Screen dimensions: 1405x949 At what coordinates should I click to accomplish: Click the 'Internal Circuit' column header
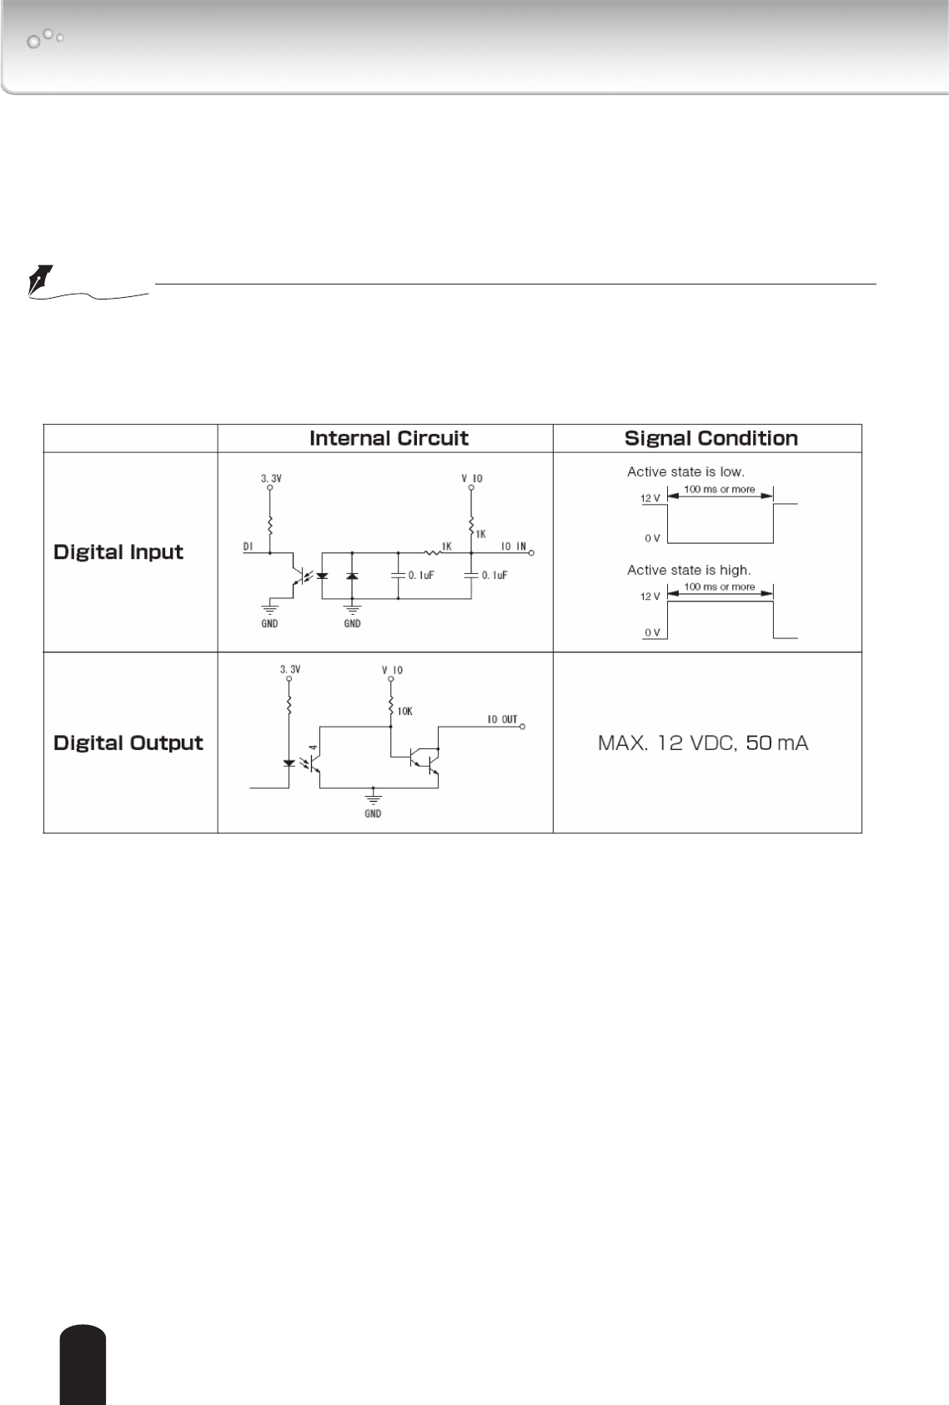pos(389,438)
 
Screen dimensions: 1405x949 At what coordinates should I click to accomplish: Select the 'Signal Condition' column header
pos(710,438)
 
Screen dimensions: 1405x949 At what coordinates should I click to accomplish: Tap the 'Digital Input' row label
pos(118,551)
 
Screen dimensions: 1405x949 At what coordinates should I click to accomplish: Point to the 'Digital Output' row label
pos(128,743)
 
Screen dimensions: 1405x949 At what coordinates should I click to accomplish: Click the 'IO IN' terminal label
pos(513,546)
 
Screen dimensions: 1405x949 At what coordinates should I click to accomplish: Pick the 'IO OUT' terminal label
pos(502,719)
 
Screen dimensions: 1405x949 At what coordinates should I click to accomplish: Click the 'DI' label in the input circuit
pos(248,546)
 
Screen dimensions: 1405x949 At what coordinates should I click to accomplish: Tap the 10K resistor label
pos(404,712)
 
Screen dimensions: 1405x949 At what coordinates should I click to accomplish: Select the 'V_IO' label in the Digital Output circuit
pos(391,670)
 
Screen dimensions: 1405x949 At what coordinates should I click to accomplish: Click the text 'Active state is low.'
pos(685,471)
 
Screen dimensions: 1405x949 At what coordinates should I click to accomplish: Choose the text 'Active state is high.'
pos(689,570)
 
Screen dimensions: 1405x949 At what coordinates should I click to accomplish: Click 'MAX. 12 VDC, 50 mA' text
pos(703,743)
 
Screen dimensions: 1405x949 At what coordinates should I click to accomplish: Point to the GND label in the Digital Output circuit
pos(373,813)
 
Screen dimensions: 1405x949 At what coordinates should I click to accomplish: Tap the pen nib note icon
pos(40,279)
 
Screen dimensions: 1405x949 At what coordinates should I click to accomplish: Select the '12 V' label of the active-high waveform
pos(650,597)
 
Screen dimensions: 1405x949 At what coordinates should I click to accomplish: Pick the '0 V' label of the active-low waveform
pos(652,538)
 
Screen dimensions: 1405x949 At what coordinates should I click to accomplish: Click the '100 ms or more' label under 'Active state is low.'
pos(720,489)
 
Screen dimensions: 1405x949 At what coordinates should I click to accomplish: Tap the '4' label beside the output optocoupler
pos(311,748)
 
